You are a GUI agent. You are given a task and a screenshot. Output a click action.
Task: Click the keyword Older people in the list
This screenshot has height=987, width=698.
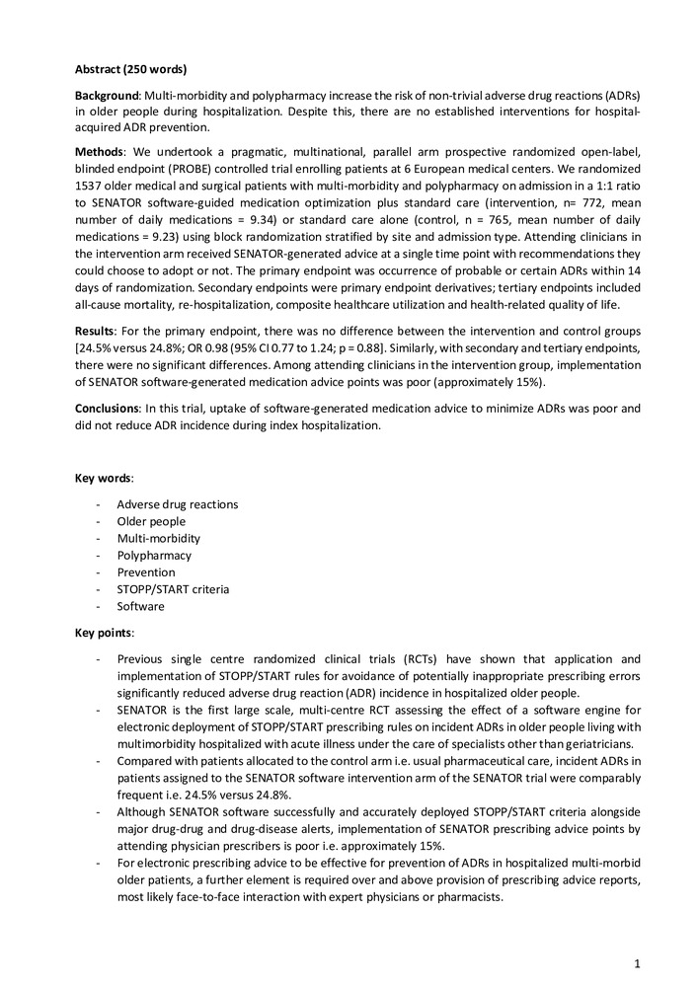151,521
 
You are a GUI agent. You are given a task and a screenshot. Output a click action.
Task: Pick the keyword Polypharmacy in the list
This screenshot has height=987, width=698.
154,555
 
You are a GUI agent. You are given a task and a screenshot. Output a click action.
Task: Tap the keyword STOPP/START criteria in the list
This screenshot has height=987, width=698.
173,589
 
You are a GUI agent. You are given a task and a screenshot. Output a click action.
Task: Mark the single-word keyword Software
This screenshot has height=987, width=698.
139,606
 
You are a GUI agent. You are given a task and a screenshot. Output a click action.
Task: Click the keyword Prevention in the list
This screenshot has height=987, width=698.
146,572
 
